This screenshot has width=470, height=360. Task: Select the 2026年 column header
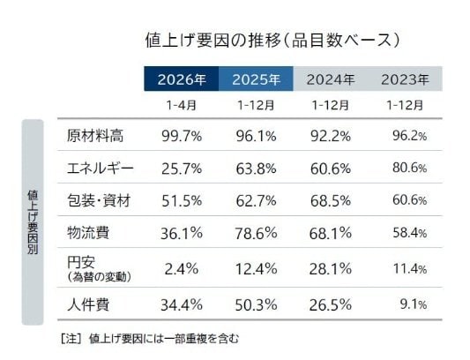click(182, 79)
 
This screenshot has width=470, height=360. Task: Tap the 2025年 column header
click(256, 79)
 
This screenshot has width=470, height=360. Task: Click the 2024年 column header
click(331, 79)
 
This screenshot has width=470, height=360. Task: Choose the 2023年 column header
click(405, 79)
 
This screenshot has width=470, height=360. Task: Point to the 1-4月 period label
click(182, 105)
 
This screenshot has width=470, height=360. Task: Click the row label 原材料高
click(94, 136)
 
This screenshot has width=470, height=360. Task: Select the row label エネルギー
click(100, 169)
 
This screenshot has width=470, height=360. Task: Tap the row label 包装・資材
click(99, 201)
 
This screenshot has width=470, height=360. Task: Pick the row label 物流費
click(88, 234)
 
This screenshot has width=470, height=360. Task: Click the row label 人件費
click(88, 304)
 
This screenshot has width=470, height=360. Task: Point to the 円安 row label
click(79, 262)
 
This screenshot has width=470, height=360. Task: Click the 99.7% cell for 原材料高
click(182, 136)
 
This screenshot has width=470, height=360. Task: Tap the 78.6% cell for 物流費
click(256, 234)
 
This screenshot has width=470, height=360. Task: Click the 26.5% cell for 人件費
click(331, 304)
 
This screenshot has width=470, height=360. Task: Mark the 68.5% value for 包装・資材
click(331, 201)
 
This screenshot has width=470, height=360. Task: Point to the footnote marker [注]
click(70, 338)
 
